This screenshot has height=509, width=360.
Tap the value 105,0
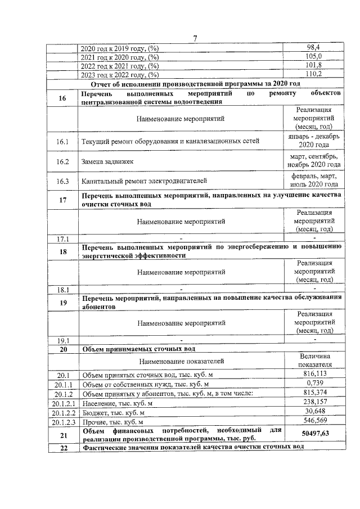tap(313, 57)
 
